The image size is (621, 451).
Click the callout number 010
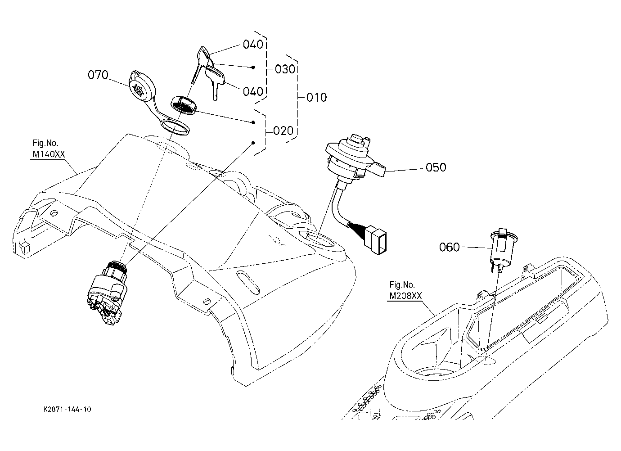pos(316,97)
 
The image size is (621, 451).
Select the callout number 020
pos(283,131)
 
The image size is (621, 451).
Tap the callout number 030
pos(285,69)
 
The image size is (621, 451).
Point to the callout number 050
pos(436,167)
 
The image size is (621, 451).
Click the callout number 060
pos(449,247)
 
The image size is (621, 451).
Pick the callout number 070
pos(98,75)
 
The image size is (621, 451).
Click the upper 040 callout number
pos(253,45)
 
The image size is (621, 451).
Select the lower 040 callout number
pos(253,91)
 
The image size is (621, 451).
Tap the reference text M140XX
pos(49,154)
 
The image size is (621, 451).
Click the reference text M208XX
pos(405,296)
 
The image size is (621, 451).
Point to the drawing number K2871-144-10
pos(67,410)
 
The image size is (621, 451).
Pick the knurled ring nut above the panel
pos(183,105)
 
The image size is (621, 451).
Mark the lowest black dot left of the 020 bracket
pos(253,143)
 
